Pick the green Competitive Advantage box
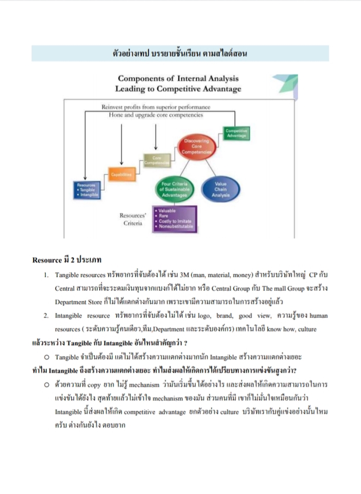coord(236,133)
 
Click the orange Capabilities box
coord(121,175)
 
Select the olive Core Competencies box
coord(155,161)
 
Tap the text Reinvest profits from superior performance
coord(156,107)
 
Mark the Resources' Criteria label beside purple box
coord(133,220)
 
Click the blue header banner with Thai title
coord(180,52)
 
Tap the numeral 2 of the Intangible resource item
coord(46,315)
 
